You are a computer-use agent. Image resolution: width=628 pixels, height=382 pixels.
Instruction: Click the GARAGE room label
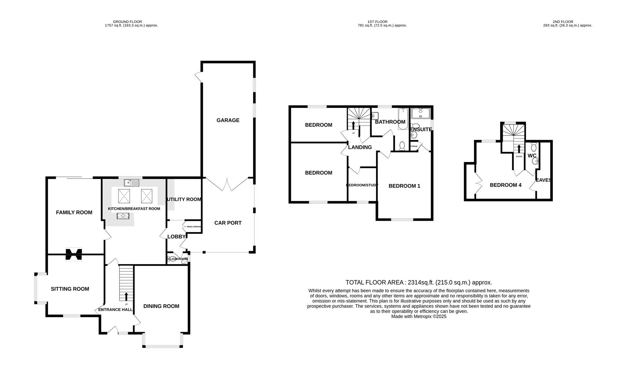228,120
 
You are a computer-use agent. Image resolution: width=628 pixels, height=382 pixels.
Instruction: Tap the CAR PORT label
228,223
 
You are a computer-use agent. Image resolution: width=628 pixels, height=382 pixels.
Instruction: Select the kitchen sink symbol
132,183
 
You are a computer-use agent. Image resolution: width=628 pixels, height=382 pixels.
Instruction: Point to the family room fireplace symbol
74,254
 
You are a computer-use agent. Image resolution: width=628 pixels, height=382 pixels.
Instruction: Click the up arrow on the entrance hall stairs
126,296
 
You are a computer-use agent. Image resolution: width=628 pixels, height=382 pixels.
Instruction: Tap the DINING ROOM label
161,306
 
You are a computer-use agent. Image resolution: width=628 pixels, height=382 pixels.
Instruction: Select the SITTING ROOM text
70,289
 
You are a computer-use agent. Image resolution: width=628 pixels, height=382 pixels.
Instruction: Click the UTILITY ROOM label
184,199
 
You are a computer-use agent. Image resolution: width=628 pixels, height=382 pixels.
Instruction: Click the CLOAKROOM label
178,259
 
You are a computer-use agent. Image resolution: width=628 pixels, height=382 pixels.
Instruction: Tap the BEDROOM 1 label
404,186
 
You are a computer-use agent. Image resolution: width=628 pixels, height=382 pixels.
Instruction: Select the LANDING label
360,147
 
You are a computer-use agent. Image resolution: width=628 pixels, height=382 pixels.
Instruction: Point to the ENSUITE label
421,129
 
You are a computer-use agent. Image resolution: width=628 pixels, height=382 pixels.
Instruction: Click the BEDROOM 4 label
505,185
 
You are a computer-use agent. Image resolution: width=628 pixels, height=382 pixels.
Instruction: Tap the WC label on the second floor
532,156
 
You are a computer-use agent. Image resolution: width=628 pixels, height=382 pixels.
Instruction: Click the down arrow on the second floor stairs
519,149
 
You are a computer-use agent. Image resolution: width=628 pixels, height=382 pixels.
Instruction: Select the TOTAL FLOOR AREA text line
418,282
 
